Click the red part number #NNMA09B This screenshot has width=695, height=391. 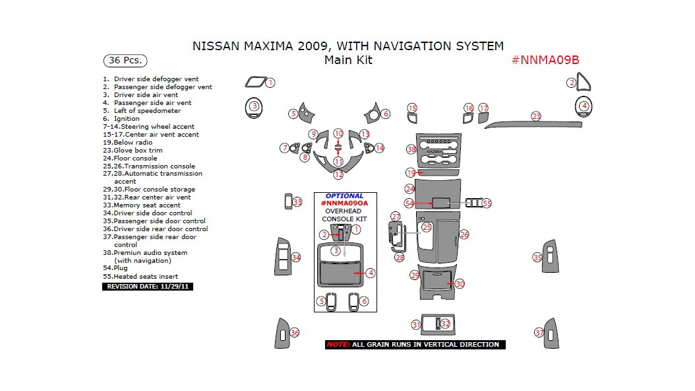[x=545, y=60]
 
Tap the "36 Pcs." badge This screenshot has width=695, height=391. [x=125, y=60]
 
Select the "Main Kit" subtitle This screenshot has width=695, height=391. [x=348, y=60]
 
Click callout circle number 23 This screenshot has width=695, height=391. [x=536, y=116]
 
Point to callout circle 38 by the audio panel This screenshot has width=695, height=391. [x=411, y=149]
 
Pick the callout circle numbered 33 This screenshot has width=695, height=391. [x=297, y=202]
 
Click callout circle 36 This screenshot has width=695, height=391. [x=294, y=333]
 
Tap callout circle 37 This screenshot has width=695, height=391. [x=539, y=333]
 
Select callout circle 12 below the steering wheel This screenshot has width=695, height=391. [x=338, y=175]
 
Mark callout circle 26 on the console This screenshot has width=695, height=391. [x=464, y=234]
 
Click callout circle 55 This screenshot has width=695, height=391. [x=487, y=203]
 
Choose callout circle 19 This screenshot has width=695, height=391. [x=410, y=172]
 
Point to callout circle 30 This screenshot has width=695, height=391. [x=460, y=284]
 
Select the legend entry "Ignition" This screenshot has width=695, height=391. [x=127, y=119]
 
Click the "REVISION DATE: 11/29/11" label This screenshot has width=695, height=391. [x=148, y=287]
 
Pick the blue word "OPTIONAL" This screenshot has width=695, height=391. [x=344, y=196]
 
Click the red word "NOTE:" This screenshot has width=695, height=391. [x=338, y=345]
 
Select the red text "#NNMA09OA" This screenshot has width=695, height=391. [x=344, y=203]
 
